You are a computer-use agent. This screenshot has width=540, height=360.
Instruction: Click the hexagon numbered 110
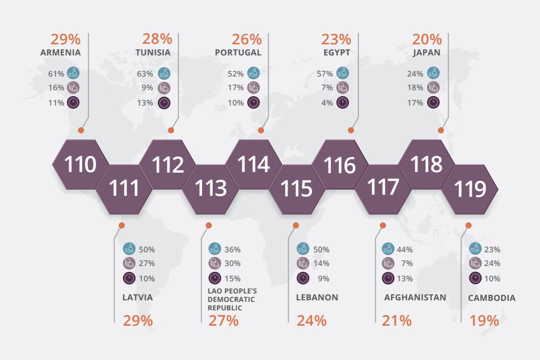click(x=81, y=165)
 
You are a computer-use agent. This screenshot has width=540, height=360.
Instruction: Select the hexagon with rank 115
click(x=296, y=188)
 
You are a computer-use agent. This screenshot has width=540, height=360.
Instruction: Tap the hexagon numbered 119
click(x=469, y=188)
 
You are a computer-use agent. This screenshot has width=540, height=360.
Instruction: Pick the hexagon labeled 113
click(x=211, y=188)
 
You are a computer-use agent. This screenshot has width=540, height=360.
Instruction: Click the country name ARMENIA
click(x=60, y=53)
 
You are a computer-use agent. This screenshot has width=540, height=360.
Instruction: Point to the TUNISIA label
click(x=153, y=53)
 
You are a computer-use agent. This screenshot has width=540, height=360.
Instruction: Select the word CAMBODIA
click(x=491, y=298)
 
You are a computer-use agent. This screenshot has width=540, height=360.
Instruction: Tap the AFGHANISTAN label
click(x=415, y=297)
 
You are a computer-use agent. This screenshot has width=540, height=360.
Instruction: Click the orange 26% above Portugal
click(x=247, y=39)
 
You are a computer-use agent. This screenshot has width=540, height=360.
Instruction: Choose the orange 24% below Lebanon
click(x=311, y=320)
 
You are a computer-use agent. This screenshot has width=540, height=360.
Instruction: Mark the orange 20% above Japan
click(x=427, y=39)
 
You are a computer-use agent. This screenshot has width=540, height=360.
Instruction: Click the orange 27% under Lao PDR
click(x=223, y=320)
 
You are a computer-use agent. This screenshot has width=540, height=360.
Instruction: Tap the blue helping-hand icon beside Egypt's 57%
click(x=343, y=73)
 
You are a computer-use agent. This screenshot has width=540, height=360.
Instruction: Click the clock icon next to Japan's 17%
click(x=433, y=102)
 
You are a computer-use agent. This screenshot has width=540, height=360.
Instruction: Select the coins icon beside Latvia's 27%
click(x=129, y=263)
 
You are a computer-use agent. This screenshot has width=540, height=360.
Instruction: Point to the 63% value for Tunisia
click(x=145, y=74)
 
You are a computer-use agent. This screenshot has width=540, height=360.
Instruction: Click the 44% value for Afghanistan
click(x=405, y=249)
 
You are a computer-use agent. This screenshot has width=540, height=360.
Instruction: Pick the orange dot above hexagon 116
click(x=351, y=130)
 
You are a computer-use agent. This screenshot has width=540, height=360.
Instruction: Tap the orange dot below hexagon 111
click(x=122, y=225)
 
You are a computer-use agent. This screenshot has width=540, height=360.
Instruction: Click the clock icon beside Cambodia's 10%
click(x=475, y=278)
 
